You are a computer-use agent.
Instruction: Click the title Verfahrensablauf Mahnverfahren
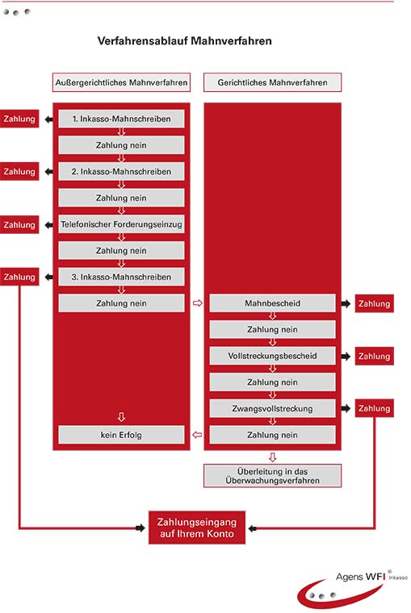[x=184, y=41]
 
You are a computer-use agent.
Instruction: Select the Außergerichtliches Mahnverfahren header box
[x=121, y=82]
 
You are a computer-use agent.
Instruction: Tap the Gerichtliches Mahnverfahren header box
[x=272, y=82]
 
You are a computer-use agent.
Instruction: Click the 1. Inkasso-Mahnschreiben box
[x=121, y=119]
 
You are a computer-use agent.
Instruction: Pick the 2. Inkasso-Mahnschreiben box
[x=121, y=171]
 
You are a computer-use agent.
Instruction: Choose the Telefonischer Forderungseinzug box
[x=121, y=224]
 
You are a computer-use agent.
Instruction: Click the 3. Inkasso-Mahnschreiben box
[x=121, y=277]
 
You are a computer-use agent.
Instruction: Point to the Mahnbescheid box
[x=272, y=303]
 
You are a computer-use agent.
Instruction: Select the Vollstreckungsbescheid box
[x=272, y=356]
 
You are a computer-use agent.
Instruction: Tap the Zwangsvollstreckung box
[x=272, y=409]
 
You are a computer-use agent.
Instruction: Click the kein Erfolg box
[x=121, y=435]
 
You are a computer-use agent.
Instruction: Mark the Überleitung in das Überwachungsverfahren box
[x=272, y=476]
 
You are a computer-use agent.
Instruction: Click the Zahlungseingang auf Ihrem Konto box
[x=197, y=528]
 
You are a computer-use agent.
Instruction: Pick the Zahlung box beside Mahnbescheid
[x=374, y=304]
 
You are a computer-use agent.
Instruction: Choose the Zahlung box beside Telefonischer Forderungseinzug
[x=19, y=225]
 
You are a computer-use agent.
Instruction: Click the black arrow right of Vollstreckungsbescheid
[x=346, y=357]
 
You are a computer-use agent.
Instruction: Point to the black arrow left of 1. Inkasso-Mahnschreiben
[x=48, y=119]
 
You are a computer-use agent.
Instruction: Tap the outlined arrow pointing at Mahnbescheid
[x=198, y=303]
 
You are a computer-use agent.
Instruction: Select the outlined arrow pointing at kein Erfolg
[x=198, y=435]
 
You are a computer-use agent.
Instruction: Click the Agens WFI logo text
[x=360, y=576]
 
